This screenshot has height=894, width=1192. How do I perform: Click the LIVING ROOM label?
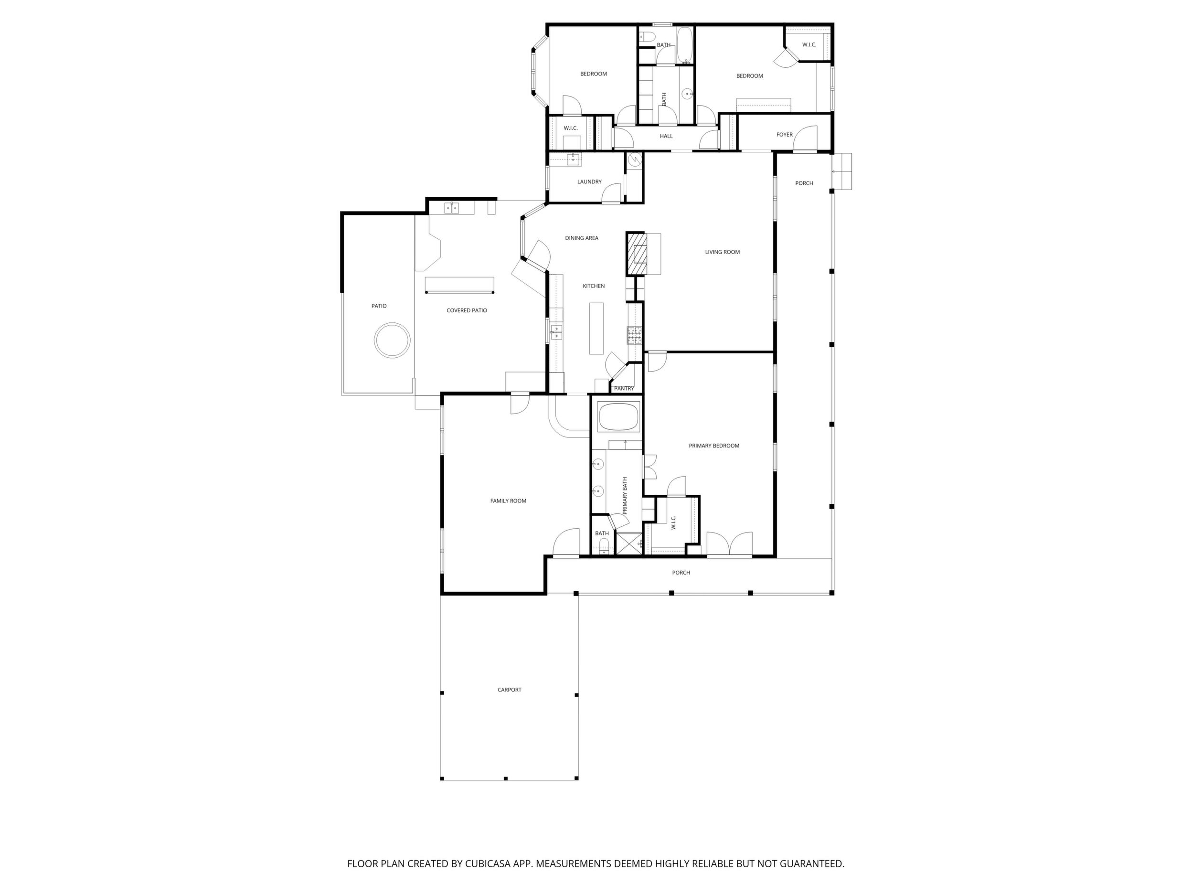722,252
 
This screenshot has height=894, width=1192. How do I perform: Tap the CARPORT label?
509,690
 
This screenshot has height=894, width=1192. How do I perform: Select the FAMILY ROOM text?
508,500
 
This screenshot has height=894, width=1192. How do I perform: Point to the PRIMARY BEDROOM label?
714,446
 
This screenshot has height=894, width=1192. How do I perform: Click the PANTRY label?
624,389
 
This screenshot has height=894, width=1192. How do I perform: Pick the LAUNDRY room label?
589,181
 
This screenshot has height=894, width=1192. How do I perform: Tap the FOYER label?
785,135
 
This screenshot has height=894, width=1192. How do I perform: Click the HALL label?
666,136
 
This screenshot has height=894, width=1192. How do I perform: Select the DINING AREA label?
582,238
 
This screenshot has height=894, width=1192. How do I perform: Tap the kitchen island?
596,328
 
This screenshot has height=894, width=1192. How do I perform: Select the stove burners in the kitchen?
634,335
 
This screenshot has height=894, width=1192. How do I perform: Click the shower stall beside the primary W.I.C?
628,543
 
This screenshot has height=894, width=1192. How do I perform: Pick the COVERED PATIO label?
467,310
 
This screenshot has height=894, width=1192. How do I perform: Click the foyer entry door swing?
805,138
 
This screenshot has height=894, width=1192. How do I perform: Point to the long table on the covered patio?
459,285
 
